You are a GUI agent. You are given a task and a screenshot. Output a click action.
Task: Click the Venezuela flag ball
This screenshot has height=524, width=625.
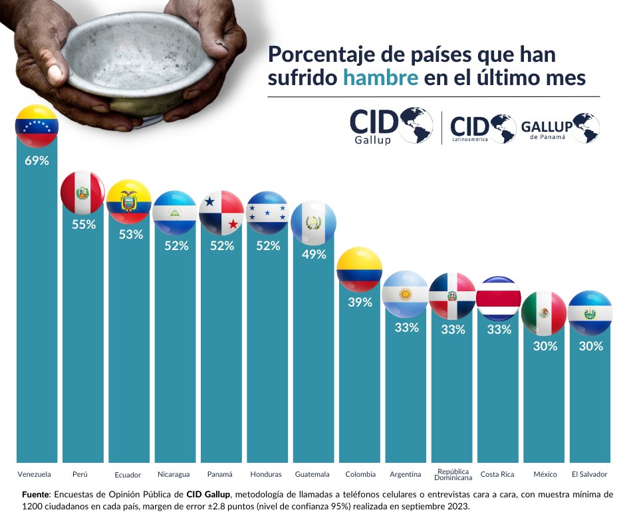point(37,126)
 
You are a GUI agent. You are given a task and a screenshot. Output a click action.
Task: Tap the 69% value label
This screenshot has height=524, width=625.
point(37,161)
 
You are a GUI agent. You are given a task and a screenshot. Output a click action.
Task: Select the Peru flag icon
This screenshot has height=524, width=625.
point(82,193)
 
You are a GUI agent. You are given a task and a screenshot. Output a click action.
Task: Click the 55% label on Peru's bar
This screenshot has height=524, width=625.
point(84,224)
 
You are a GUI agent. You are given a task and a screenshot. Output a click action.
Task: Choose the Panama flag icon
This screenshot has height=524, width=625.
point(221,213)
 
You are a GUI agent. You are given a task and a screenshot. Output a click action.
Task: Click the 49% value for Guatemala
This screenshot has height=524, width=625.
point(313,255)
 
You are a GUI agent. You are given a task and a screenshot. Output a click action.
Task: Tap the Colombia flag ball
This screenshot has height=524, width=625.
point(359,269)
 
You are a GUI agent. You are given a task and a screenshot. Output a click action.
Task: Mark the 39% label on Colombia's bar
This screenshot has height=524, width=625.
point(360,303)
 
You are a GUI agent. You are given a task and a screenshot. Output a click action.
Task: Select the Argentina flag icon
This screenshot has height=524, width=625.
point(406,294)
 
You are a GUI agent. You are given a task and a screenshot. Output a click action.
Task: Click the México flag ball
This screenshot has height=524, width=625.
point(544,313)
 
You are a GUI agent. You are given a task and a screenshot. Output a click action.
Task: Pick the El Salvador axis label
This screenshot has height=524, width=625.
point(589,474)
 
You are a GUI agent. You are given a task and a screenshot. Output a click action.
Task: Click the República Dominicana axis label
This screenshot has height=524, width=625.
point(452,474)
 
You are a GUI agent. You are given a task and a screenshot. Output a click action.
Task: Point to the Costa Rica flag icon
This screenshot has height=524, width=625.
point(498,298)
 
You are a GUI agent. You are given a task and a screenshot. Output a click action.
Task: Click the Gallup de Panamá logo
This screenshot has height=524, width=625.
point(560,127)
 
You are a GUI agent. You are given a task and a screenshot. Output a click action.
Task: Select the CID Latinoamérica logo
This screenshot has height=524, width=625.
point(483,128)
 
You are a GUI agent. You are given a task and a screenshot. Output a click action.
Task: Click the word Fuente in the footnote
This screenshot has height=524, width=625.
point(36,495)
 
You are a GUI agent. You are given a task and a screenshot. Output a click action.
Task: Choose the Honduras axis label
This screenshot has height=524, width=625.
point(266,474)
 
